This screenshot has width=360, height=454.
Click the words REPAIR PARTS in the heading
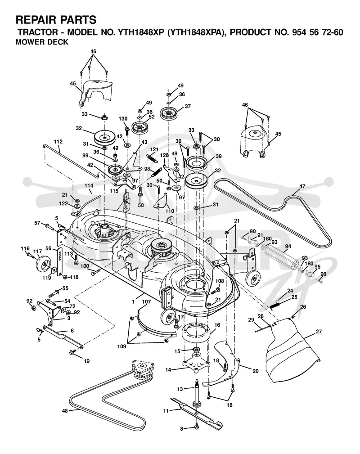pos(56,20)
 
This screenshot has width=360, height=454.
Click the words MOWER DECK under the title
pos(42,42)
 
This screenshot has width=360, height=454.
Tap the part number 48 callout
pos(65,410)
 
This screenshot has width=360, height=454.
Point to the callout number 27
pos(319,332)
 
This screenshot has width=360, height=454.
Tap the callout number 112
pos(58,142)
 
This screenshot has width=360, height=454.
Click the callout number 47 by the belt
pos(302,186)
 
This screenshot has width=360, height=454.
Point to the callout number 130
pos(123,119)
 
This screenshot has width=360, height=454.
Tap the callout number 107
pos(147,302)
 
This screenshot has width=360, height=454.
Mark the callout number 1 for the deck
pos(133,302)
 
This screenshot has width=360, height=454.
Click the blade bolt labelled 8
pos(197,427)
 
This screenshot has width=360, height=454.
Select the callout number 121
pos(154,149)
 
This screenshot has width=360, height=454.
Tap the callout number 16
pos(217,325)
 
